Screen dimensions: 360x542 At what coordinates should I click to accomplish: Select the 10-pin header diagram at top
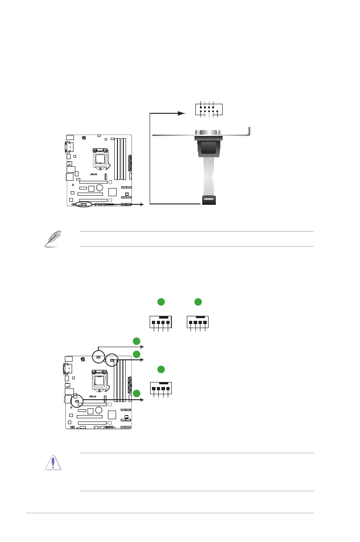209,110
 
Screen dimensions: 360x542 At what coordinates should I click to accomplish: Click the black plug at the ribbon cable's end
209,200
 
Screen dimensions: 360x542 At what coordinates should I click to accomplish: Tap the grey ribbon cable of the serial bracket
209,179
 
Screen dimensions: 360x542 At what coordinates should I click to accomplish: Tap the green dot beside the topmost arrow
136,341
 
